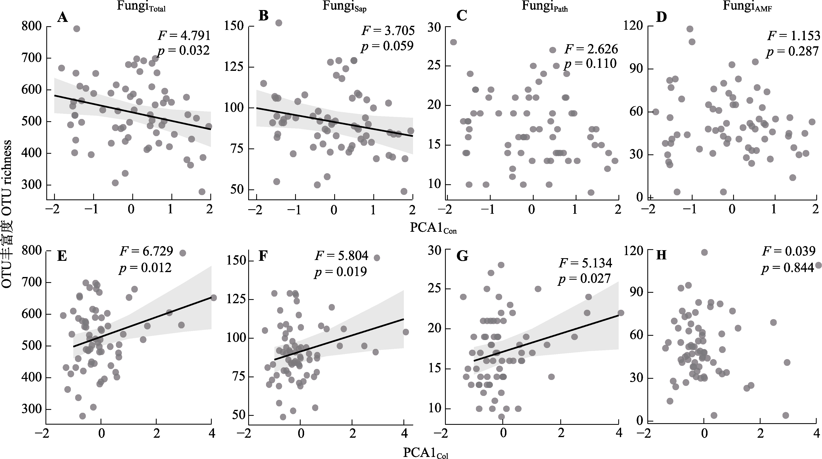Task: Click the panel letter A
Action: point(62,17)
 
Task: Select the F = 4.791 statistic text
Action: point(185,35)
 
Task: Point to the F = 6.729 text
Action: point(146,251)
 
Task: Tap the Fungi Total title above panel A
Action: point(141,6)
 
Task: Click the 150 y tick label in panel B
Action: point(234,26)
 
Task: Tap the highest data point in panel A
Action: point(77,29)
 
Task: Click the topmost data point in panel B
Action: point(279,23)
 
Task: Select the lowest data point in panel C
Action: point(591,192)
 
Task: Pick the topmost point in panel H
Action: point(704,252)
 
